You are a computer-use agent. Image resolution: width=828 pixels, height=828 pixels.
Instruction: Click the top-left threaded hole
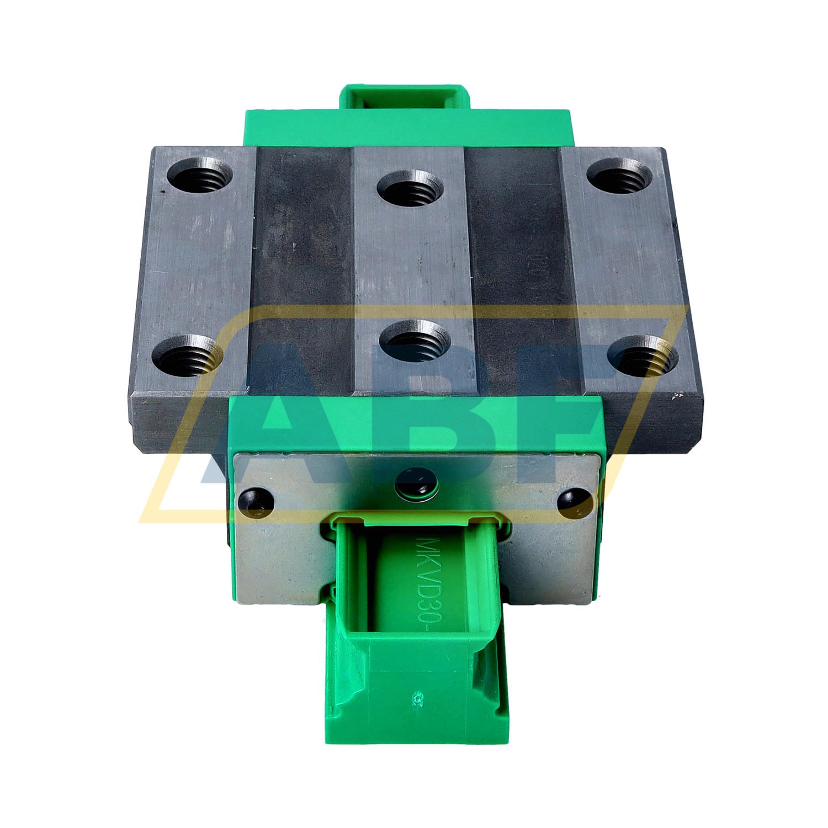pyautogui.click(x=199, y=176)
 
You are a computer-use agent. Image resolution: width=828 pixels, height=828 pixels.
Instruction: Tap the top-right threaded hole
pyautogui.click(x=619, y=176)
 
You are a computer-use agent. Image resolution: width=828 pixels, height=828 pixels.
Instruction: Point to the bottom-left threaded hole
pyautogui.click(x=185, y=355)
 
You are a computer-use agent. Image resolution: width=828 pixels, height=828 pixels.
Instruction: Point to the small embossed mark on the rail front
pyautogui.click(x=418, y=699)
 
